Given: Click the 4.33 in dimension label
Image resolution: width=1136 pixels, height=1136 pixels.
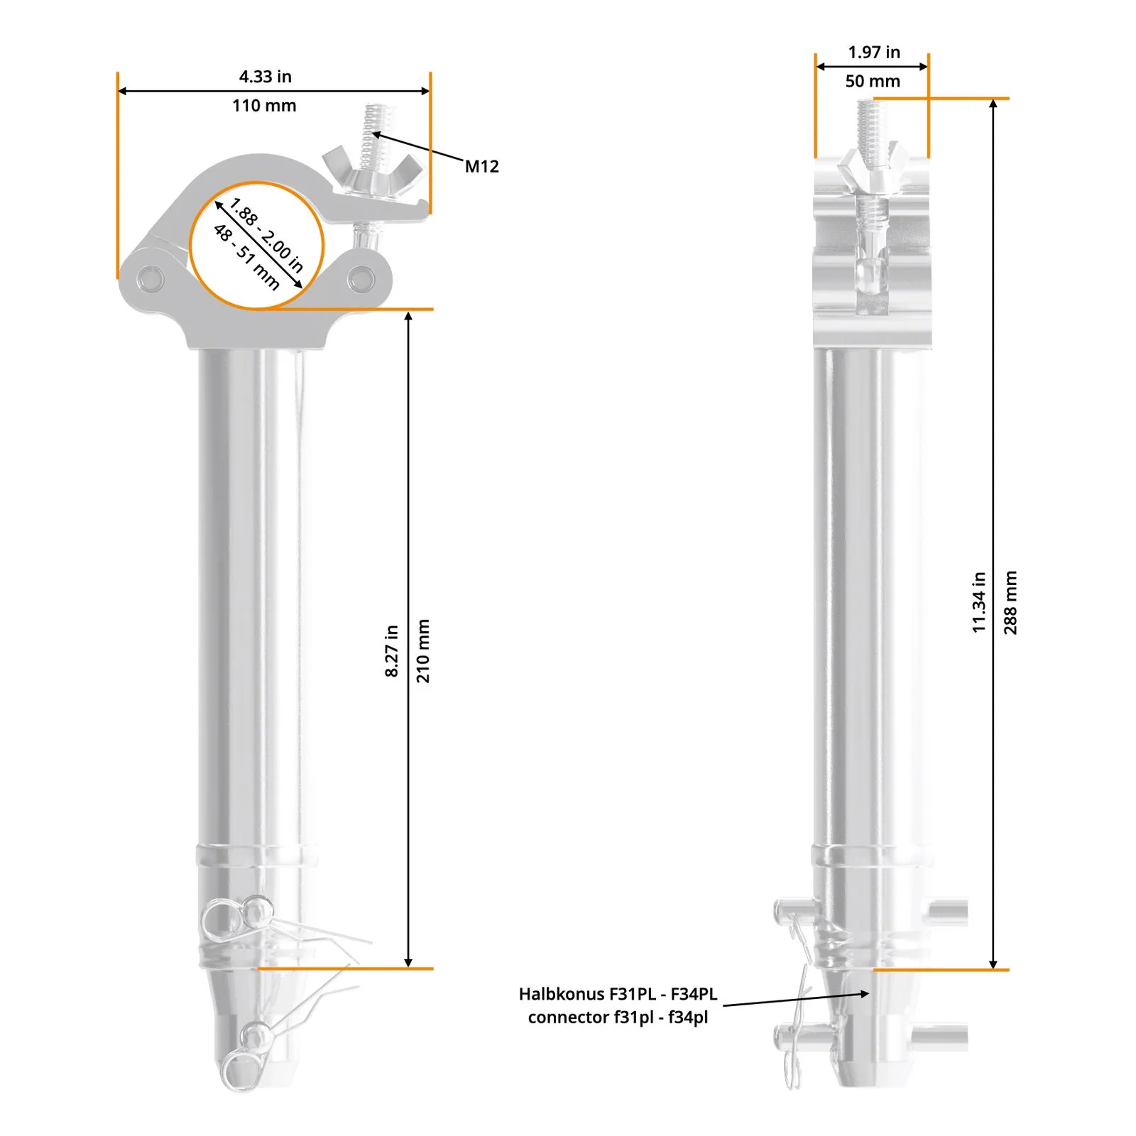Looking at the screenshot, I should (265, 77).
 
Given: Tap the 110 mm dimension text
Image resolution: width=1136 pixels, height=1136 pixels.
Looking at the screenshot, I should (264, 106).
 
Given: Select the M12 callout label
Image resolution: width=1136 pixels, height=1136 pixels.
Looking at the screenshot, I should (481, 167).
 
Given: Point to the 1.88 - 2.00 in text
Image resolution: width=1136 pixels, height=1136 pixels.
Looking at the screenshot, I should (266, 235).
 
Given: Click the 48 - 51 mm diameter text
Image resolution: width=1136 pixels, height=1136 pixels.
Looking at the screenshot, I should (246, 257).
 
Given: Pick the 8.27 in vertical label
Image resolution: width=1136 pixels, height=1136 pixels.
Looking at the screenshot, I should (392, 650).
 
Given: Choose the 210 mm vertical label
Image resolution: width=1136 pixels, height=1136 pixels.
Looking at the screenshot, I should (423, 650).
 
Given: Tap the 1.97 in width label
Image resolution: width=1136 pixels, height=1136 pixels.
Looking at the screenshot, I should (873, 53).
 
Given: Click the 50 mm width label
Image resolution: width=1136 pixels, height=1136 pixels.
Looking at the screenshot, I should (872, 82).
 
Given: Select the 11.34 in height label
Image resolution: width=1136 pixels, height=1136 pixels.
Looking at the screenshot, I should (979, 602).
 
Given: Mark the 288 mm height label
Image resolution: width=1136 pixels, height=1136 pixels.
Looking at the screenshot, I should (1010, 602).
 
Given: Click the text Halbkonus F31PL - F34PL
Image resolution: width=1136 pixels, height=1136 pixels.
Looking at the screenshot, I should (618, 994).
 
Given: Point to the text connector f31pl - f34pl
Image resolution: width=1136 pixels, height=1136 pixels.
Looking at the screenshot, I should (618, 1017).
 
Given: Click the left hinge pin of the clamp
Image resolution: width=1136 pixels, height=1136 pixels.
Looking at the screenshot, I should (151, 278).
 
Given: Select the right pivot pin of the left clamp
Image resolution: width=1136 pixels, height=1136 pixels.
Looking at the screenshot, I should (361, 278).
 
